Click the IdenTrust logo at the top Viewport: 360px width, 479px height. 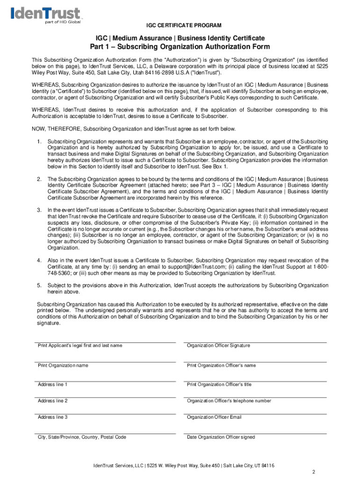[x=45, y=15]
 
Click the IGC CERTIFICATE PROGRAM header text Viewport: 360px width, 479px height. [x=180, y=25]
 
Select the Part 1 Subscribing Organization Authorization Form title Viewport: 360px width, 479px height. [x=180, y=47]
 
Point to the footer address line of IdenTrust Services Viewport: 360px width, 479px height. [x=184, y=465]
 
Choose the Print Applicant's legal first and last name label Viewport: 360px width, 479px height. [x=80, y=346]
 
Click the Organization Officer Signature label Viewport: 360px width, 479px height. [x=218, y=346]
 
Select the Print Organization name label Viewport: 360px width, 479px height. [x=63, y=365]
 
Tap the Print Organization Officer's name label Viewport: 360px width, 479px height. [x=221, y=365]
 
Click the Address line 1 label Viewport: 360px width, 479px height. [x=52, y=385]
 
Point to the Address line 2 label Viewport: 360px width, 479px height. [x=52, y=401]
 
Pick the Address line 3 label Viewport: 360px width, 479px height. [x=52, y=417]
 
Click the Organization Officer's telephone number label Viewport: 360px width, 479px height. [x=229, y=401]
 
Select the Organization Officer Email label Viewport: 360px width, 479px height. [x=214, y=417]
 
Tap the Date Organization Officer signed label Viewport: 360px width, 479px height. [x=221, y=437]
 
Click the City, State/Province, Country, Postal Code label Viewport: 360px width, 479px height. [x=82, y=437]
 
